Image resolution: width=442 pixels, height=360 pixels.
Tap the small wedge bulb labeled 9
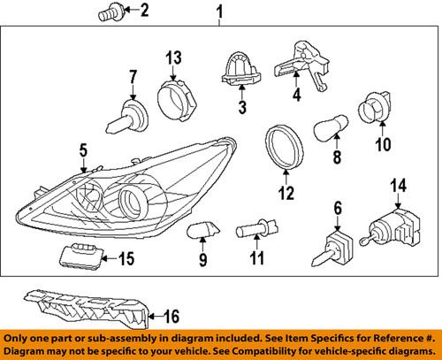pos(202,232)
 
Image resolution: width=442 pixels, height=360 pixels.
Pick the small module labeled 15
pos(81,257)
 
